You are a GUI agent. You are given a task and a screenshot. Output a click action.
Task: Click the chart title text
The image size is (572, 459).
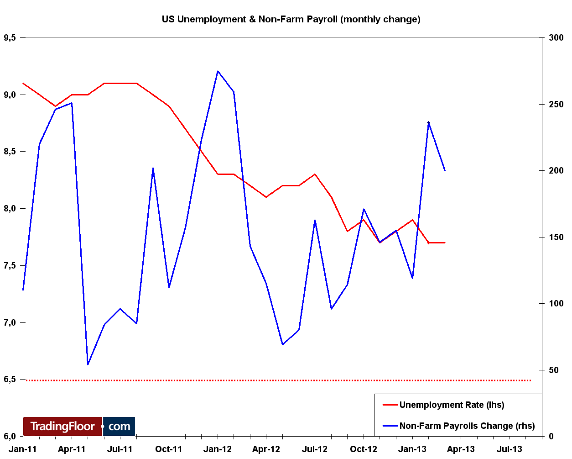pyautogui.click(x=291, y=19)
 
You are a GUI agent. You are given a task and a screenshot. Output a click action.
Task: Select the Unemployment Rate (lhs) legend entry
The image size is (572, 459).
pyautogui.click(x=452, y=405)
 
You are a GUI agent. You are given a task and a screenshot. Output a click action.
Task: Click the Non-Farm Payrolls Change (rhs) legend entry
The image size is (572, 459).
pyautogui.click(x=467, y=426)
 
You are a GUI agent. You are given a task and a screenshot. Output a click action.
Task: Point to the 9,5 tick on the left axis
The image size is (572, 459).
pyautogui.click(x=10, y=38)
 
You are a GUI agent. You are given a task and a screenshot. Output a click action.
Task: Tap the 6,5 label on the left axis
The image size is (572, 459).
pyautogui.click(x=10, y=380)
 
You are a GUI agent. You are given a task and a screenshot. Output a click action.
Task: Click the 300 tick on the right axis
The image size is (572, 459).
pyautogui.click(x=556, y=38)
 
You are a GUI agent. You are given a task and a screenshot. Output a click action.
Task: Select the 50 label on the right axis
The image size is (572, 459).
pyautogui.click(x=554, y=370)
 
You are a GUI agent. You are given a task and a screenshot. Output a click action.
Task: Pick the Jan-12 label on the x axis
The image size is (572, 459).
pyautogui.click(x=218, y=449)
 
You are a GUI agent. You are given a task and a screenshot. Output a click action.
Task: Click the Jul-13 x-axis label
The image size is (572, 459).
pyautogui.click(x=510, y=449)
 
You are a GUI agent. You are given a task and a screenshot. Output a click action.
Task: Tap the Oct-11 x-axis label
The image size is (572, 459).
pyautogui.click(x=169, y=449)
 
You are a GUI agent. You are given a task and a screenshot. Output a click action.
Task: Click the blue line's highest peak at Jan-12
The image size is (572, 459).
pyautogui.click(x=218, y=71)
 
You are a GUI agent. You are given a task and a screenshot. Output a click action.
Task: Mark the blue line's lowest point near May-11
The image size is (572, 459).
pyautogui.click(x=88, y=364)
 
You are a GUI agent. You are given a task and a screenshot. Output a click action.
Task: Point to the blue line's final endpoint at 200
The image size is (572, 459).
pyautogui.click(x=445, y=170)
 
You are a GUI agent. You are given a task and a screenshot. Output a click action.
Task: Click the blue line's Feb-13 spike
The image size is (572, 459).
pyautogui.click(x=428, y=122)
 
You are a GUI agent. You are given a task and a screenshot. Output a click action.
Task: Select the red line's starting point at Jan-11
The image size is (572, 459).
pyautogui.click(x=23, y=84)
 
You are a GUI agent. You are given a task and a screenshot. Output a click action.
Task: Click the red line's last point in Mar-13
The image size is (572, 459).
pyautogui.click(x=445, y=243)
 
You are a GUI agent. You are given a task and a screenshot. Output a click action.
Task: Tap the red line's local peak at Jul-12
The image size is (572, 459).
pyautogui.click(x=315, y=174)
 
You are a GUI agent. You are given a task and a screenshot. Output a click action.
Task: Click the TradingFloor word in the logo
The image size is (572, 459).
pyautogui.click(x=62, y=427)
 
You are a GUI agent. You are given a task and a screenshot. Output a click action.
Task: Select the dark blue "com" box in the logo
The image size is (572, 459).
pyautogui.click(x=119, y=427)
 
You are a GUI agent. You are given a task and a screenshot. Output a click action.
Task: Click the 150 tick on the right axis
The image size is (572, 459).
pyautogui.click(x=556, y=237)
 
